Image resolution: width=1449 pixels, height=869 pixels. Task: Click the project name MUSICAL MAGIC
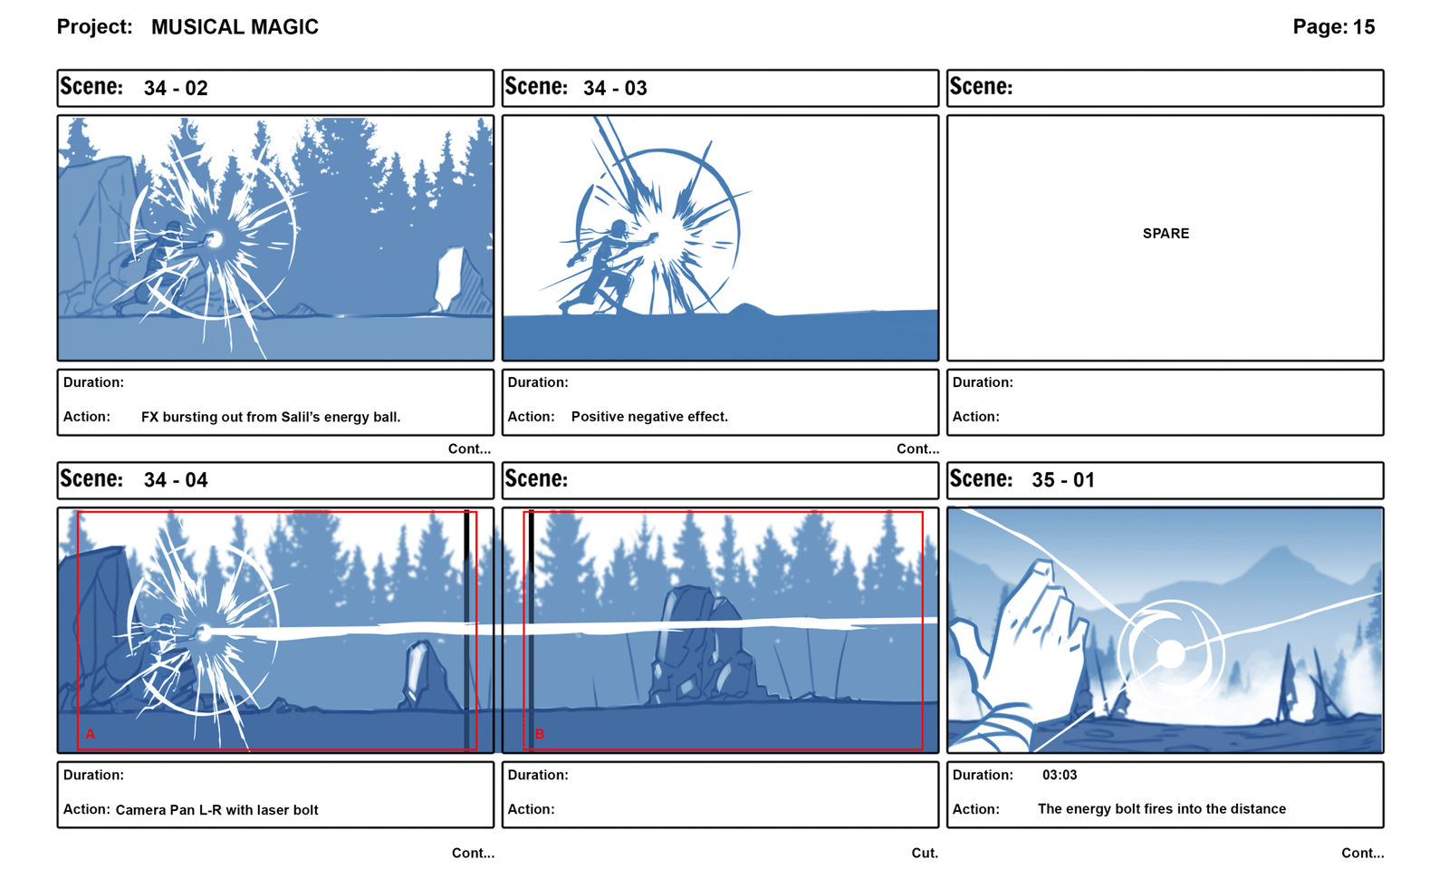(x=235, y=27)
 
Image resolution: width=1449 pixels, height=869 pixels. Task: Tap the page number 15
(x=1364, y=27)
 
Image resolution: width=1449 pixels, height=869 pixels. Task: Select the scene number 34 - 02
(x=176, y=88)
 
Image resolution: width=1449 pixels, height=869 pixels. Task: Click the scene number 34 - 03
(x=615, y=88)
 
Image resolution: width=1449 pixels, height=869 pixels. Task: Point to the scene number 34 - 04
(x=176, y=480)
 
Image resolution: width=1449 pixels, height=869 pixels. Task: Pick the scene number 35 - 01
(x=1063, y=480)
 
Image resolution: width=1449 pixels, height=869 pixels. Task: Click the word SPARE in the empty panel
(x=1166, y=234)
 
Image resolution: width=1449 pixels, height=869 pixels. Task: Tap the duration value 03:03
(x=1060, y=775)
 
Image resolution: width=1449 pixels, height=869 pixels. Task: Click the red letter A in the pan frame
(x=90, y=734)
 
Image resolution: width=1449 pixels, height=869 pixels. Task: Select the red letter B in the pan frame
(x=540, y=734)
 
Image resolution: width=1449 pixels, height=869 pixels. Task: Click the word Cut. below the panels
(x=925, y=853)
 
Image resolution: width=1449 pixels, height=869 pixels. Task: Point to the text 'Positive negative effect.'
(x=649, y=417)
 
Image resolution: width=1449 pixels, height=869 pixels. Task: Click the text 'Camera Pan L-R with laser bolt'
(x=216, y=810)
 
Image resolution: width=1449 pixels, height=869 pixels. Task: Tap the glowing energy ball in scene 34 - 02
(x=214, y=239)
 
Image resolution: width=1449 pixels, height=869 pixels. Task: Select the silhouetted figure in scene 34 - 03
(x=605, y=266)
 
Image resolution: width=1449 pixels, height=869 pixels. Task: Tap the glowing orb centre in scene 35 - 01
(x=1170, y=654)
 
